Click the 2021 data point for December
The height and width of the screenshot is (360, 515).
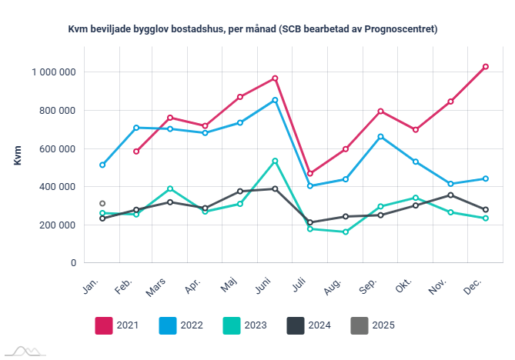[x=486, y=67]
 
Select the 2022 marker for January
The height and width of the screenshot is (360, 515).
[x=102, y=165]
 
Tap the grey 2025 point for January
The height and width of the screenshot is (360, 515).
[x=102, y=204]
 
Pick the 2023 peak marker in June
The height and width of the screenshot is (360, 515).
[x=275, y=161]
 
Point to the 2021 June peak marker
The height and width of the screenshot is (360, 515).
[x=275, y=78]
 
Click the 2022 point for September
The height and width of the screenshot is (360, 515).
[x=381, y=137]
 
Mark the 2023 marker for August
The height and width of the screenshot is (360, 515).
[x=346, y=232]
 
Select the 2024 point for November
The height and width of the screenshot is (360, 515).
[x=450, y=195]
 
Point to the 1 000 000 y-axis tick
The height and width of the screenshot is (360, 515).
[x=53, y=72]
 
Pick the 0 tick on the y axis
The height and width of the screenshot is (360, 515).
[x=72, y=263]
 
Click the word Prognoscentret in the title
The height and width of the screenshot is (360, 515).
[x=397, y=30]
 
